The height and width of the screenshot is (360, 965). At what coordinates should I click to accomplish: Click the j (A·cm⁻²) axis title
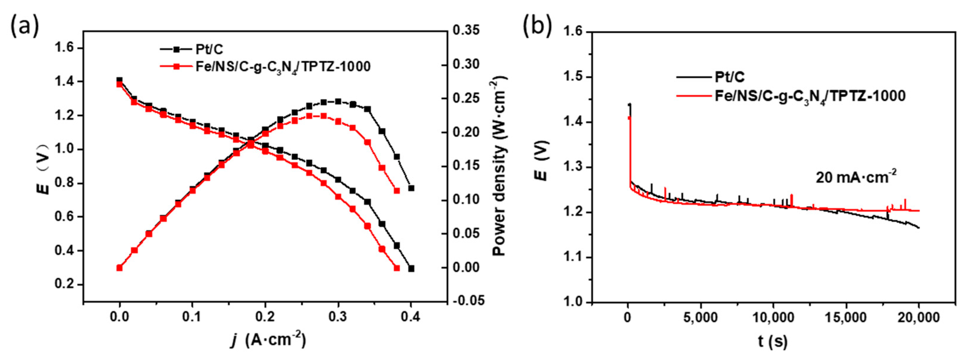tap(268, 340)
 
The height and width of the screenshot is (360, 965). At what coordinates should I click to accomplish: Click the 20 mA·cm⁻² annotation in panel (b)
tap(856, 177)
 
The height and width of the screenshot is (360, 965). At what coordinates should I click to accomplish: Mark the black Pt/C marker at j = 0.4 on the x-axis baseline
tap(411, 268)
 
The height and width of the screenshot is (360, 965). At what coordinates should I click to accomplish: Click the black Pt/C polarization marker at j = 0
tap(119, 80)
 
